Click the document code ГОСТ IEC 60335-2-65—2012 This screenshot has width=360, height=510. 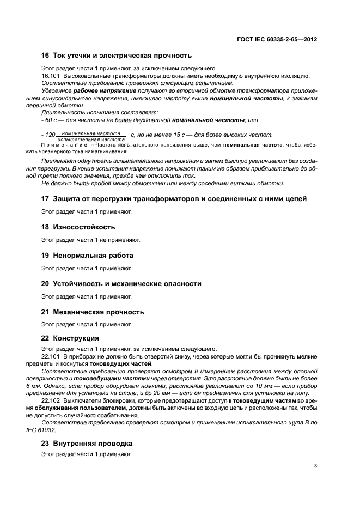click(x=277, y=40)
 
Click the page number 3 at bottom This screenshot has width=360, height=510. click(x=316, y=465)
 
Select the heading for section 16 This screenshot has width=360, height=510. click(x=117, y=56)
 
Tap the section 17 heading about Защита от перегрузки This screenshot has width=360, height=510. click(x=174, y=199)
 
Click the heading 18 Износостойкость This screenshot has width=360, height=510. click(x=78, y=227)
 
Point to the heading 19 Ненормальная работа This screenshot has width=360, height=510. click(x=88, y=256)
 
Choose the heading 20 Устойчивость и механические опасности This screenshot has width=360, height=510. click(x=121, y=284)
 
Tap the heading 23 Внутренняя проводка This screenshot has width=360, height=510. click(x=87, y=444)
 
